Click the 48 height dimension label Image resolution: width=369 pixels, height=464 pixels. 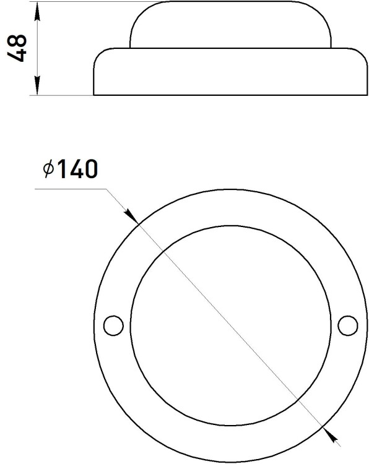(17, 48)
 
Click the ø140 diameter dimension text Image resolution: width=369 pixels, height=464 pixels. (70, 169)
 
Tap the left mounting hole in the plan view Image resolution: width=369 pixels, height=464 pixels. (113, 325)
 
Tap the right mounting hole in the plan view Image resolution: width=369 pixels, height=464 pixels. (348, 325)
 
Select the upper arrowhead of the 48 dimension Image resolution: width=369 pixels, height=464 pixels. (37, 12)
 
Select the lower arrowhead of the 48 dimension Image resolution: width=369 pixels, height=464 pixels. (37, 85)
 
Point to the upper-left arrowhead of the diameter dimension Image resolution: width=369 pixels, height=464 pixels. (131, 216)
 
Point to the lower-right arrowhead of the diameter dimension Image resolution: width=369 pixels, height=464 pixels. (331, 434)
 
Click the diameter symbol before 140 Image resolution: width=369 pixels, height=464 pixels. (48, 169)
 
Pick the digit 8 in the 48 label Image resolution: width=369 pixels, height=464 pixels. (17, 41)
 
